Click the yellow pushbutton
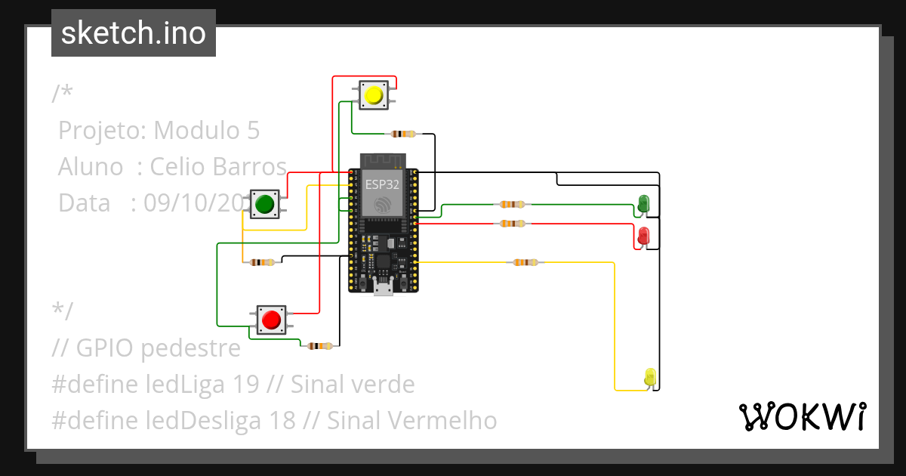pyautogui.click(x=373, y=96)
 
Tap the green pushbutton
pyautogui.click(x=264, y=204)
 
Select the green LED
pyautogui.click(x=643, y=203)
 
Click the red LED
pyautogui.click(x=643, y=235)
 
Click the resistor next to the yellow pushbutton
pyautogui.click(x=402, y=134)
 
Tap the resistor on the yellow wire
pyautogui.click(x=525, y=262)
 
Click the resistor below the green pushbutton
pyautogui.click(x=262, y=262)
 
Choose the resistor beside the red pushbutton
pyautogui.click(x=320, y=346)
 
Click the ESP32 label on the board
pyautogui.click(x=383, y=184)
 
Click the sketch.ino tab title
pyautogui.click(x=134, y=33)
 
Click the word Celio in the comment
pyautogui.click(x=177, y=166)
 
